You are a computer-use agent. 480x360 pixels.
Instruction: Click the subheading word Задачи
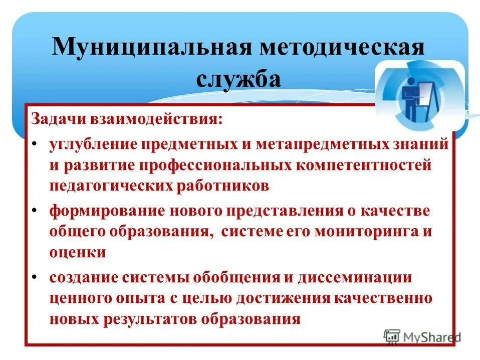pos(59,120)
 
